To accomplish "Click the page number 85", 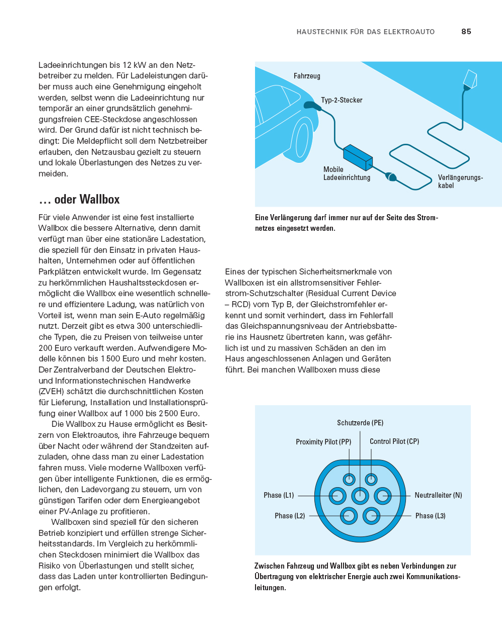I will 466,32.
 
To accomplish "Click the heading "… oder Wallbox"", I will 79,200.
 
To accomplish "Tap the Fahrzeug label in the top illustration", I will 307,76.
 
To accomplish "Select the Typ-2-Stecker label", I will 342,100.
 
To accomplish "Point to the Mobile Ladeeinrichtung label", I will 347,173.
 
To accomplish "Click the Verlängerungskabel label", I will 460,181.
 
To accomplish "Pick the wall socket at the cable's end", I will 469,79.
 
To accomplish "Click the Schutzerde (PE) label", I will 360,423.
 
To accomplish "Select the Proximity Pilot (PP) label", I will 323,442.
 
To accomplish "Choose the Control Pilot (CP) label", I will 394,441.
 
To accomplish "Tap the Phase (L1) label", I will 279,495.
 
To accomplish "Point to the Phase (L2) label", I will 290,516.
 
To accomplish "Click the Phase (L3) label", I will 430,516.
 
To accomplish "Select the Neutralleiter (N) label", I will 438,495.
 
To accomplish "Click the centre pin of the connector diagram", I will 360,496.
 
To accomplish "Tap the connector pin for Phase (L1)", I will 338,496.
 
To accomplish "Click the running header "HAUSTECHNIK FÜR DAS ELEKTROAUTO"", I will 366,32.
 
